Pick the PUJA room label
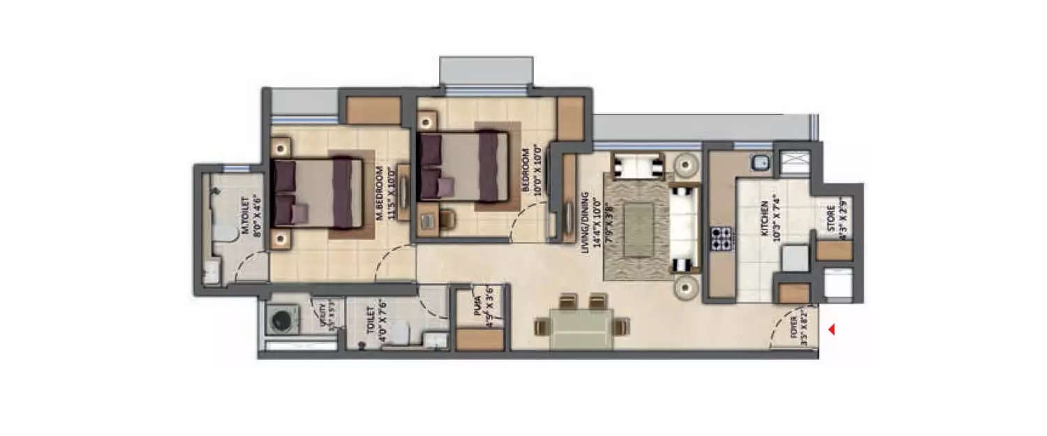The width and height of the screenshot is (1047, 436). [x=477, y=307]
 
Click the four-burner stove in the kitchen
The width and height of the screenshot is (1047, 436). [x=720, y=238]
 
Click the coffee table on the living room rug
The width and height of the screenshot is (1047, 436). [x=638, y=229]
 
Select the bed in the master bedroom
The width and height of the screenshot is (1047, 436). [x=318, y=193]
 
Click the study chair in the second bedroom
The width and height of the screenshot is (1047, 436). [x=447, y=220]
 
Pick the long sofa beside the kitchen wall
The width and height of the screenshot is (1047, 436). [x=683, y=229]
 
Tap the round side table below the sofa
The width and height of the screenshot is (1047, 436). [x=686, y=287]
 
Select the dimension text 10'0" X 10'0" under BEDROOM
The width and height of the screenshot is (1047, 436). [x=537, y=171]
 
